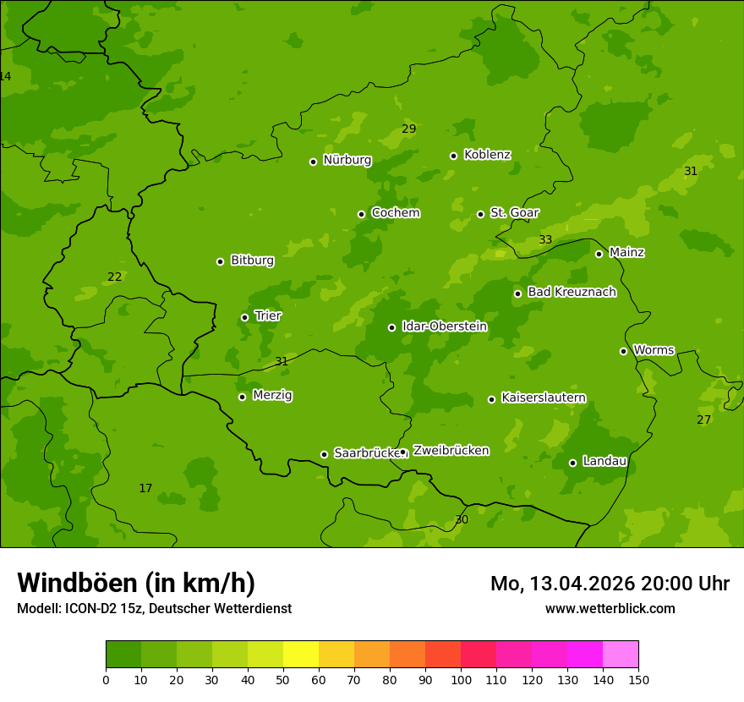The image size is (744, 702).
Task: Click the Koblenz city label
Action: tap(487, 155)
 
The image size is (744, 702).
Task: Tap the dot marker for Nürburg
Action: tap(313, 162)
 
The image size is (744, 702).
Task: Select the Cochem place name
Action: tap(395, 213)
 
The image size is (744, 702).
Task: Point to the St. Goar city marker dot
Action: tap(480, 214)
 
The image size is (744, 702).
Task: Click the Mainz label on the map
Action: tap(626, 253)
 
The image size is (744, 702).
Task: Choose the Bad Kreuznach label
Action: tap(572, 293)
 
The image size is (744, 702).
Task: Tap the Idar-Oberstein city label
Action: tap(444, 326)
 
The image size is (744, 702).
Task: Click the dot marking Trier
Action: tap(244, 317)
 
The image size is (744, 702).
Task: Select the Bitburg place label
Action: tap(252, 261)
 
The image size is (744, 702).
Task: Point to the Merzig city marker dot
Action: tap(242, 397)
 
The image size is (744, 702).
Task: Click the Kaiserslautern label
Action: tap(543, 398)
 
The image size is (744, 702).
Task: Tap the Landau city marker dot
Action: tap(572, 463)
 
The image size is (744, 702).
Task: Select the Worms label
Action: tap(654, 350)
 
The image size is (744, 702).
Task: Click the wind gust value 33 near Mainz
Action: tap(545, 240)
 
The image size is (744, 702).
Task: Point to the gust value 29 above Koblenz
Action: tap(408, 129)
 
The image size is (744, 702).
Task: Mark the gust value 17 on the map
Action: tap(145, 489)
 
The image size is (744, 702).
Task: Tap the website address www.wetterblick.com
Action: tap(610, 609)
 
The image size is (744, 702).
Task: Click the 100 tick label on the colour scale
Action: tap(461, 679)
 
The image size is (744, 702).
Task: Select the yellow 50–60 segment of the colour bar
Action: tap(301, 655)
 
